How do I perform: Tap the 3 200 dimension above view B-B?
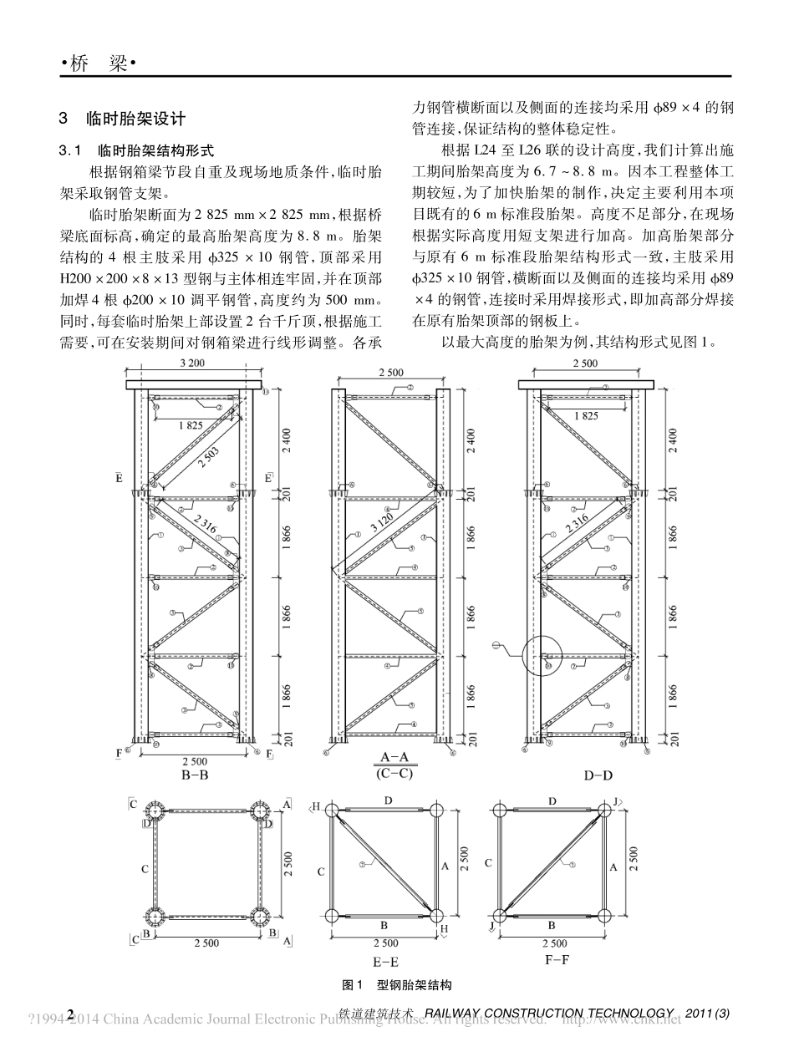[192, 363]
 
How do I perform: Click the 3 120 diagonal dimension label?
[379, 528]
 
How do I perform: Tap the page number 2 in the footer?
[71, 1014]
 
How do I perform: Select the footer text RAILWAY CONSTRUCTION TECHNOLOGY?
[549, 1014]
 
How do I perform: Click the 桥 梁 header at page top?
[99, 64]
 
